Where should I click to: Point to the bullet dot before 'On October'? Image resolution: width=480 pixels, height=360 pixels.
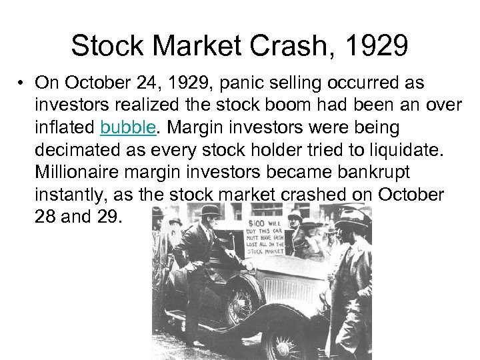pyautogui.click(x=22, y=82)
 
